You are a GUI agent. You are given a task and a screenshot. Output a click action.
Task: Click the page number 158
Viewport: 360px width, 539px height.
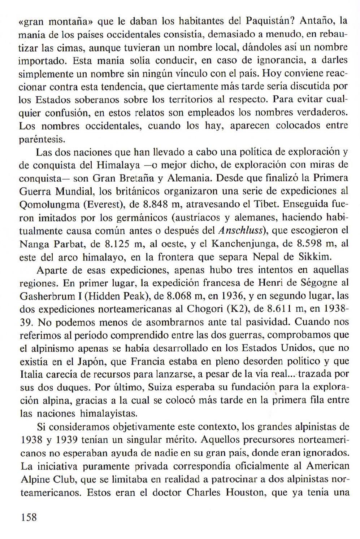coord(29,517)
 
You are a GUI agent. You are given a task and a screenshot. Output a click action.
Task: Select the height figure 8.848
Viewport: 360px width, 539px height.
coord(156,204)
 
